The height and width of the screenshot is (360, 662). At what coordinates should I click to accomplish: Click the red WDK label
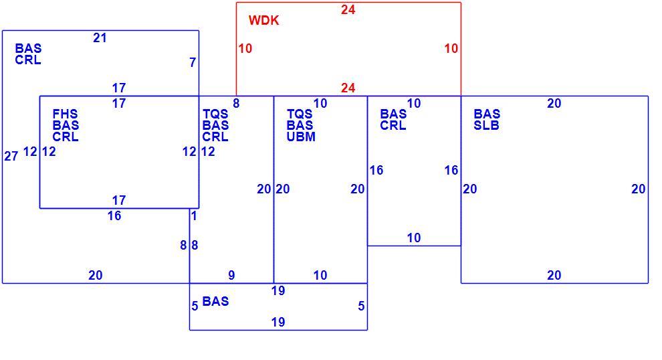[x=264, y=20]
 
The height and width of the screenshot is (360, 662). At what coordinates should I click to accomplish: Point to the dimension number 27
[x=11, y=157]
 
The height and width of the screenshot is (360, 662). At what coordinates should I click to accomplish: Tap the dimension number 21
[x=100, y=38]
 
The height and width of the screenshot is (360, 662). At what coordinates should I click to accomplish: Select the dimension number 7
[x=193, y=62]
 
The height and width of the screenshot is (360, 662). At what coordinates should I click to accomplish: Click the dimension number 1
[x=194, y=216]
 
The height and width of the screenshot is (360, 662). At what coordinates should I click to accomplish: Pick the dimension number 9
[x=231, y=276]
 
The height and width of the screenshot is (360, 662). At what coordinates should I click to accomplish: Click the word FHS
[x=65, y=114]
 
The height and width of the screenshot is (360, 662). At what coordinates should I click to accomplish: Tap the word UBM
[x=301, y=137]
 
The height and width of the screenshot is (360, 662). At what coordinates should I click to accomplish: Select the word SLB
[x=486, y=126]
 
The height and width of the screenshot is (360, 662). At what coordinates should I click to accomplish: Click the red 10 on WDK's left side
[x=245, y=49]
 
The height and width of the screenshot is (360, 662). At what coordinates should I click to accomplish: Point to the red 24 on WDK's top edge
[x=348, y=10]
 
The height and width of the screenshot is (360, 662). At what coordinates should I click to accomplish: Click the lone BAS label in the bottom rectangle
[x=216, y=301]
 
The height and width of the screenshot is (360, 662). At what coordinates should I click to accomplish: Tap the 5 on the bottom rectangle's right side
[x=361, y=306]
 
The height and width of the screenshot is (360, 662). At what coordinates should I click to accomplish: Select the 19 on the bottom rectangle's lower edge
[x=278, y=323]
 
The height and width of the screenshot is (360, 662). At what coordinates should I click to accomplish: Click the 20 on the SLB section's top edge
[x=554, y=104]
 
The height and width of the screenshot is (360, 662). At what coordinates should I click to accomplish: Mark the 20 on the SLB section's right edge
[x=639, y=189]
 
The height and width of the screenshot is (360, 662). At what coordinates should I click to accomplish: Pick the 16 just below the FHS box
[x=114, y=216]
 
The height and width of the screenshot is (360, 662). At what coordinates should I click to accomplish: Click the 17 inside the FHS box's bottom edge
[x=119, y=200]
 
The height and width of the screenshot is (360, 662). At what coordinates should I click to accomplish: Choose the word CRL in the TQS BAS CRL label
[x=215, y=137]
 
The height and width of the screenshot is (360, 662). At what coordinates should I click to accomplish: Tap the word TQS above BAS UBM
[x=300, y=114]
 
